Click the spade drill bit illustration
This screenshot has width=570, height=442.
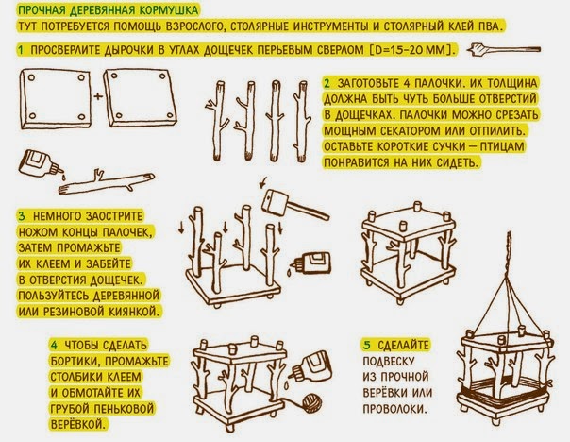(504, 49)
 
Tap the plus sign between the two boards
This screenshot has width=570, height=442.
(98, 96)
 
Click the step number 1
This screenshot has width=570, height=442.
(21, 50)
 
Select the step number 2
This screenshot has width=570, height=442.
(327, 83)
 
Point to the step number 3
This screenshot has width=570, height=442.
(22, 216)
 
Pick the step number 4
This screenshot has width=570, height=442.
(54, 345)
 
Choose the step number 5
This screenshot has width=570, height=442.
(367, 345)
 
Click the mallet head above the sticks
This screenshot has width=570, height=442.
(276, 202)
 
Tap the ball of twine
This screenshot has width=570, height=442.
(312, 403)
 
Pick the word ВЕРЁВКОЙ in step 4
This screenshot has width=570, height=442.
(79, 424)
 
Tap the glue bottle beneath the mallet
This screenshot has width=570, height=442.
(310, 263)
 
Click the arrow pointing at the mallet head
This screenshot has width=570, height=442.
(263, 182)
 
